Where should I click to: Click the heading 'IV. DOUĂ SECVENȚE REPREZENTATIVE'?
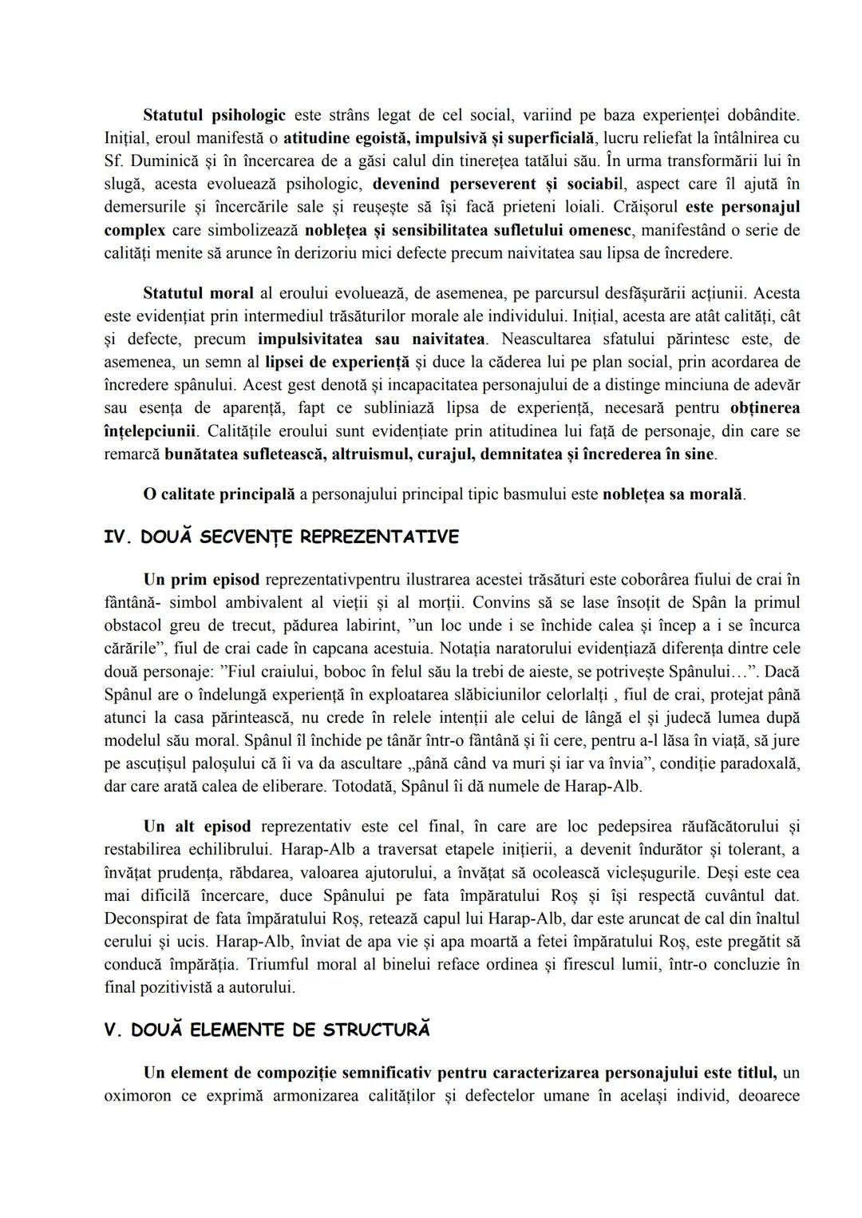pyautogui.click(x=282, y=537)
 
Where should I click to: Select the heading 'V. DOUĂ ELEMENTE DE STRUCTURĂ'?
pyautogui.click(x=267, y=1030)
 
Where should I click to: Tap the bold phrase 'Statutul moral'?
pyautogui.click(x=198, y=293)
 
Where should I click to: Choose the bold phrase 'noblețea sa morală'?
pyautogui.click(x=673, y=494)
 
